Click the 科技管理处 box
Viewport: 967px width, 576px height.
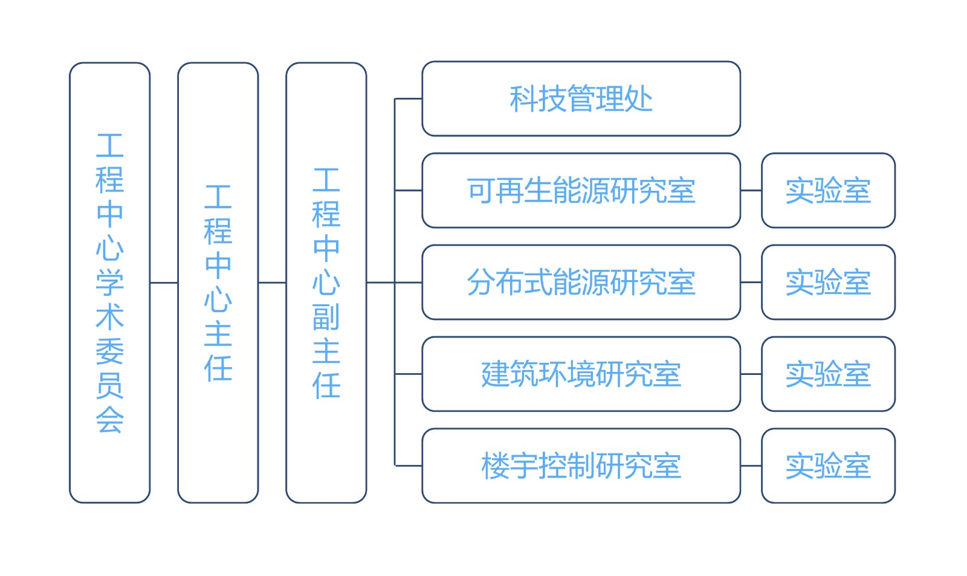click(580, 99)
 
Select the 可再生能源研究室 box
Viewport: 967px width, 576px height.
click(580, 191)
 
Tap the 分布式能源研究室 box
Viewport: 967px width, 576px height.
click(580, 283)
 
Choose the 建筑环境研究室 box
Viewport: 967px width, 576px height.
click(580, 374)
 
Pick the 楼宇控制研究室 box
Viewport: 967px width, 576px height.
click(580, 466)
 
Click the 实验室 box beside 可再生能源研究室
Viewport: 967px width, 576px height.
click(828, 191)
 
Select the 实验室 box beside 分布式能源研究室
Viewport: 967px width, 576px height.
click(828, 283)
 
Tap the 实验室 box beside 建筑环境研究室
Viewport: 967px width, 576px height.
click(828, 374)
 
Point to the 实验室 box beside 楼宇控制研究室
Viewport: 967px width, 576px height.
click(828, 466)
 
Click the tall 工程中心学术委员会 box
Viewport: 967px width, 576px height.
click(109, 283)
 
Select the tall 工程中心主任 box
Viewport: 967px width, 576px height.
click(218, 283)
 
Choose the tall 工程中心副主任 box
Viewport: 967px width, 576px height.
click(326, 283)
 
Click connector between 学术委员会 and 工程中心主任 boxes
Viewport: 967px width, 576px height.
click(164, 283)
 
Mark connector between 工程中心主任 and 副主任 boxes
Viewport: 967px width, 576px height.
click(272, 283)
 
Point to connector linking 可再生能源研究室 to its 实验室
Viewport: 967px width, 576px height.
click(751, 191)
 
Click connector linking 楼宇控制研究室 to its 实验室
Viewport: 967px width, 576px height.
click(751, 466)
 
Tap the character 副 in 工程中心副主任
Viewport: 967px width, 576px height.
click(326, 317)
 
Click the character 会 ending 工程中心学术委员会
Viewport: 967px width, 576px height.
click(109, 420)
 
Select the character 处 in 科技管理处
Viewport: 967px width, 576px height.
click(639, 99)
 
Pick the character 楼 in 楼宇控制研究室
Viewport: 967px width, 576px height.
click(495, 466)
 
